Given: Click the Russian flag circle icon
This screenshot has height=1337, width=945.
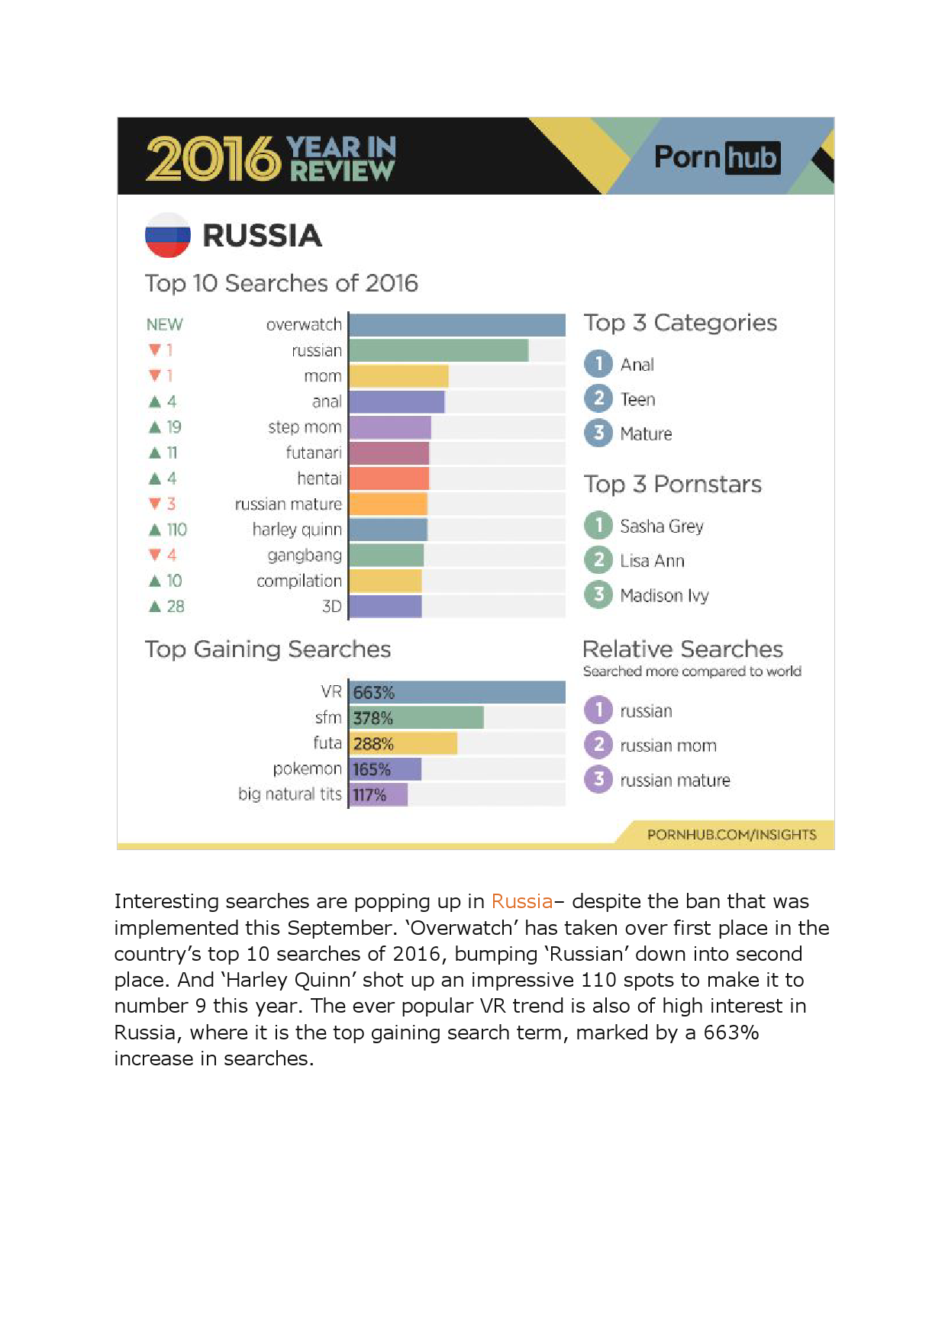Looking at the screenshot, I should click(167, 235).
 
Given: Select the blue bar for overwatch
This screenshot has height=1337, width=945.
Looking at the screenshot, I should click(456, 324).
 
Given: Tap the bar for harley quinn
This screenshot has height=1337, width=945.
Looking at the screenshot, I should click(388, 530).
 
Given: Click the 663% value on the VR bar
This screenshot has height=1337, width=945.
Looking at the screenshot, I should click(373, 692).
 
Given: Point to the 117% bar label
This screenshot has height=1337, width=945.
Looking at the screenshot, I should click(369, 794).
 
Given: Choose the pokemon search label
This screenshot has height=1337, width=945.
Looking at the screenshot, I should click(307, 768).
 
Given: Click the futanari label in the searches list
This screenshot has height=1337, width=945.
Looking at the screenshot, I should click(314, 453).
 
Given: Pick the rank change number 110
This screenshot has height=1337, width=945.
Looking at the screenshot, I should click(176, 530).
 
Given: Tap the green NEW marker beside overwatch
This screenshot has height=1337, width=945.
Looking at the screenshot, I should click(164, 324).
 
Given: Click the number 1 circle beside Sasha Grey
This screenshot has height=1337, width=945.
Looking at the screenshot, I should click(598, 525).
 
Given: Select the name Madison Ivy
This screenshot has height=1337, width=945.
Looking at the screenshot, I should click(664, 595).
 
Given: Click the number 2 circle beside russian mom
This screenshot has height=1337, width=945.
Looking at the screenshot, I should click(598, 745).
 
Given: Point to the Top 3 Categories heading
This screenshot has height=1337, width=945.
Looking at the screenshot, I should click(680, 323).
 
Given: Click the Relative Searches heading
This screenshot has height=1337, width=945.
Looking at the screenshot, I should click(682, 649).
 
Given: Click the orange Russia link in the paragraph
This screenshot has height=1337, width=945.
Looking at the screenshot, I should click(521, 901).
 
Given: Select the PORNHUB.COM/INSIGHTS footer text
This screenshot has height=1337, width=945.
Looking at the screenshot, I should click(731, 834).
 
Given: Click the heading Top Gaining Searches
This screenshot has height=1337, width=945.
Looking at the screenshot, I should click(268, 649).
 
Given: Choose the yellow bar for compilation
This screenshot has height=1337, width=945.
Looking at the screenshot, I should click(385, 581).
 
